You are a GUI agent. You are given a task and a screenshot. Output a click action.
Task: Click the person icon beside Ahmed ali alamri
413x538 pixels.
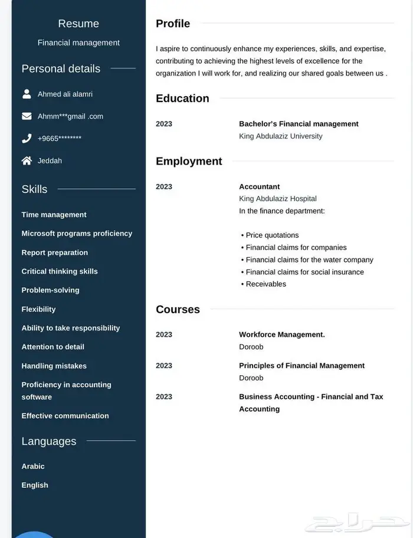click(27, 94)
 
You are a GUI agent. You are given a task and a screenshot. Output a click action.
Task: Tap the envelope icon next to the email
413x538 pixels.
click(27, 116)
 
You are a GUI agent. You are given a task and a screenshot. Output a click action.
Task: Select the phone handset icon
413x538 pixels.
click(27, 139)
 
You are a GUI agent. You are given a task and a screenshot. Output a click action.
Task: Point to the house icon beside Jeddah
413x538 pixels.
click(27, 160)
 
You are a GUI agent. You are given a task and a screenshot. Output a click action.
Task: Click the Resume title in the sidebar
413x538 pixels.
click(78, 24)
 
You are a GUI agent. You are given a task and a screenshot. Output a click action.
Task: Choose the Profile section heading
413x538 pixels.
click(173, 24)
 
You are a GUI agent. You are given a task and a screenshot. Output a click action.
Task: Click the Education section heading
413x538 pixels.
click(182, 99)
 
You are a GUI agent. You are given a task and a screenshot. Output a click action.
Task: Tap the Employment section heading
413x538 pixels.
click(189, 161)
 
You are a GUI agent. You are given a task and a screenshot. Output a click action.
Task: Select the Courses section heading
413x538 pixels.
click(178, 309)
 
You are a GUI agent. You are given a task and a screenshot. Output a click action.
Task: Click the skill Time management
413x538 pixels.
click(54, 215)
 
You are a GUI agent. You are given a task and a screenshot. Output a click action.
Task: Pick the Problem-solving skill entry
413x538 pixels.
click(50, 290)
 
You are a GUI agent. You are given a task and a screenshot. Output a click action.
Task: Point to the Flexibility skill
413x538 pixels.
click(38, 309)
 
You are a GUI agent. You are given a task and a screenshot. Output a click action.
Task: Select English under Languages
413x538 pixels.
click(35, 485)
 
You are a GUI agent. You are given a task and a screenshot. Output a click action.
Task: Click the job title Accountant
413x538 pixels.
click(259, 186)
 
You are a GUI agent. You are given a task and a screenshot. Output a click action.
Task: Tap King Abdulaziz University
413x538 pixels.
click(280, 136)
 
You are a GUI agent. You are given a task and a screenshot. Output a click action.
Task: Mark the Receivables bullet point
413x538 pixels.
click(265, 284)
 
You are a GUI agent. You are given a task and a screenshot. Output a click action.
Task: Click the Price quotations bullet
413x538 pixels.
click(272, 235)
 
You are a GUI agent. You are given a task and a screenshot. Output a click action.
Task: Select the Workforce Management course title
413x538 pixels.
click(281, 334)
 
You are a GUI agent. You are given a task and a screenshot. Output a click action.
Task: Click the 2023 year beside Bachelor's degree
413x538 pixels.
click(164, 124)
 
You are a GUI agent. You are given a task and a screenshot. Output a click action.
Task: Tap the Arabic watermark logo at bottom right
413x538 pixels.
click(360, 523)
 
